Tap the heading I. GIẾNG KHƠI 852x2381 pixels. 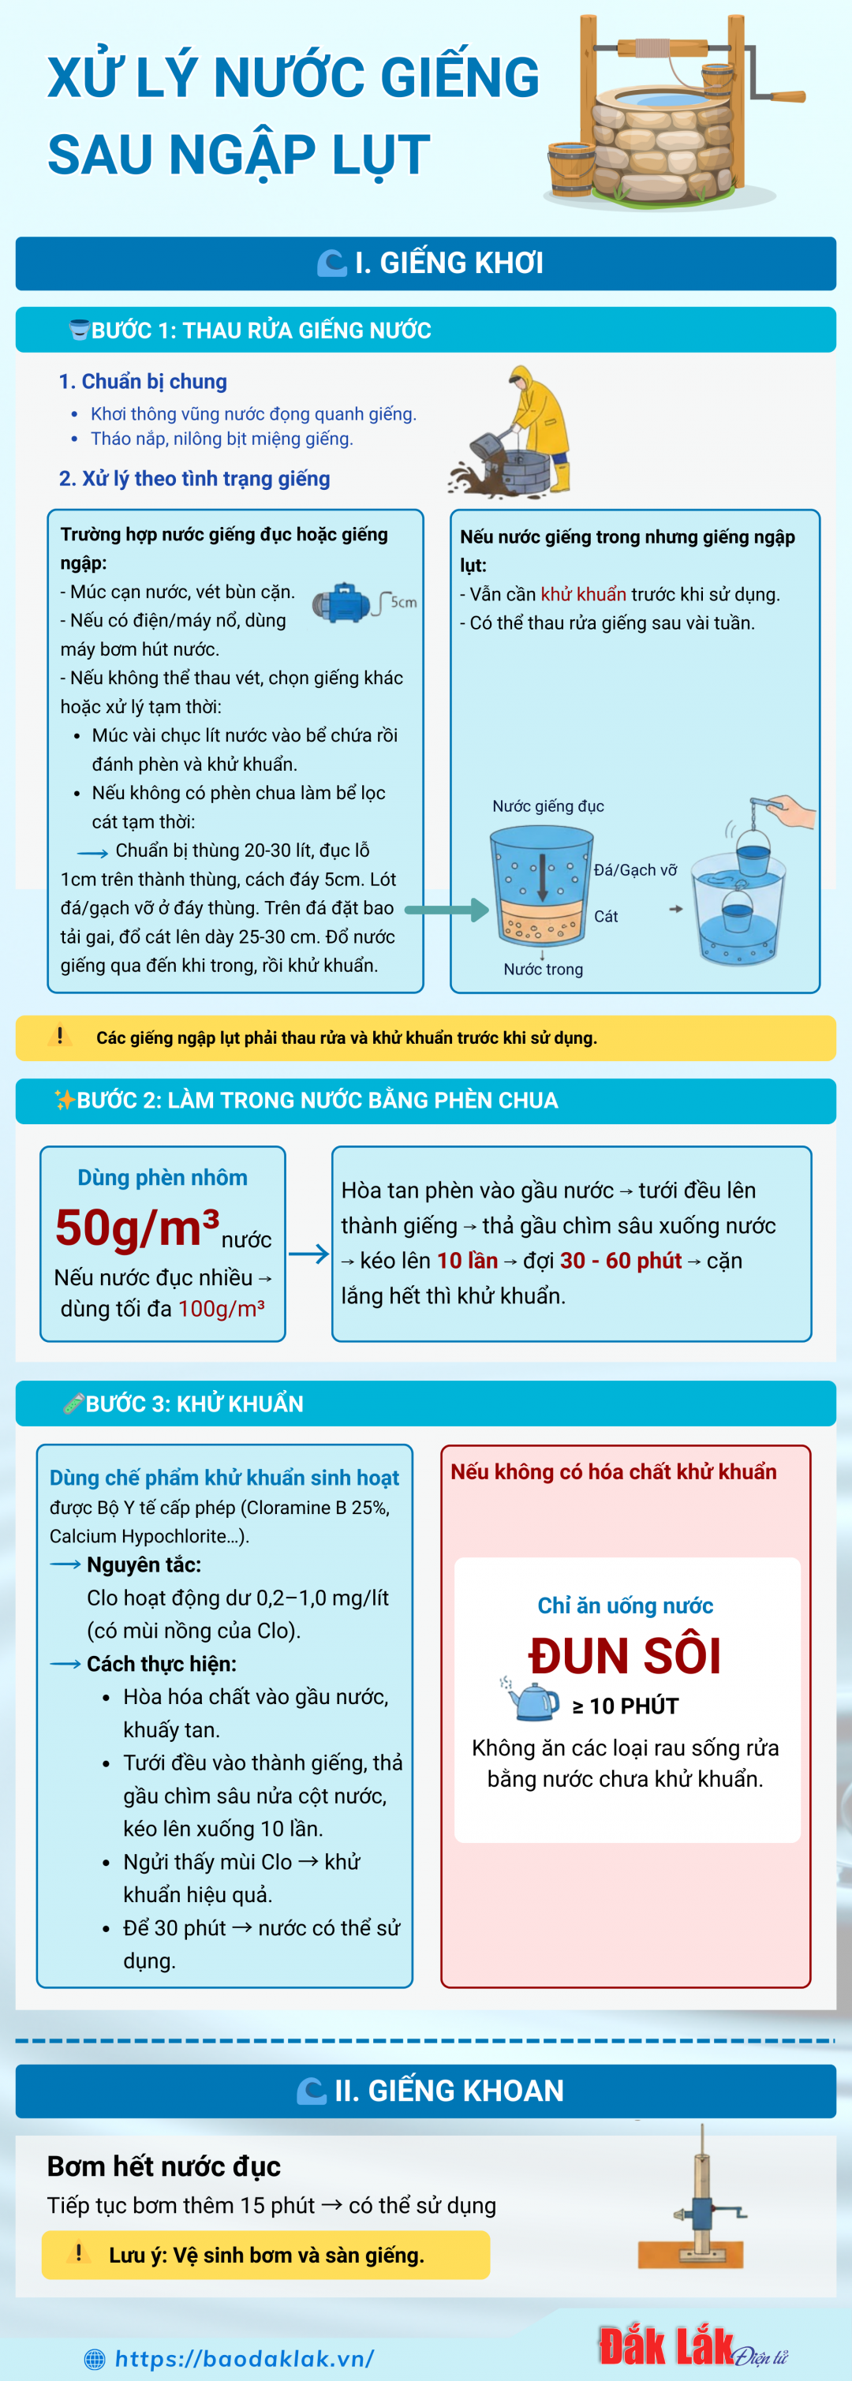click(x=449, y=264)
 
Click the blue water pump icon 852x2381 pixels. click(x=344, y=603)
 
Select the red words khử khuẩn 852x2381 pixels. click(x=583, y=594)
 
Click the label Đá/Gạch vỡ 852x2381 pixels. click(x=636, y=869)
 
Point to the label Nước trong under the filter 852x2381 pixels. click(x=544, y=969)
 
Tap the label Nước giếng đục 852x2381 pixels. click(x=548, y=806)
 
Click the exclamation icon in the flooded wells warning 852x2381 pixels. click(x=60, y=1036)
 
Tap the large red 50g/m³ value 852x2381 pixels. click(x=136, y=1228)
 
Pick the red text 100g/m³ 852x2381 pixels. click(x=222, y=1308)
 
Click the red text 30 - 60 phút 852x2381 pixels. click(x=620, y=1261)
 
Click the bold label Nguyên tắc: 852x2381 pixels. click(x=144, y=1564)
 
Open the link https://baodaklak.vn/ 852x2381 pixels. click(x=244, y=2358)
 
